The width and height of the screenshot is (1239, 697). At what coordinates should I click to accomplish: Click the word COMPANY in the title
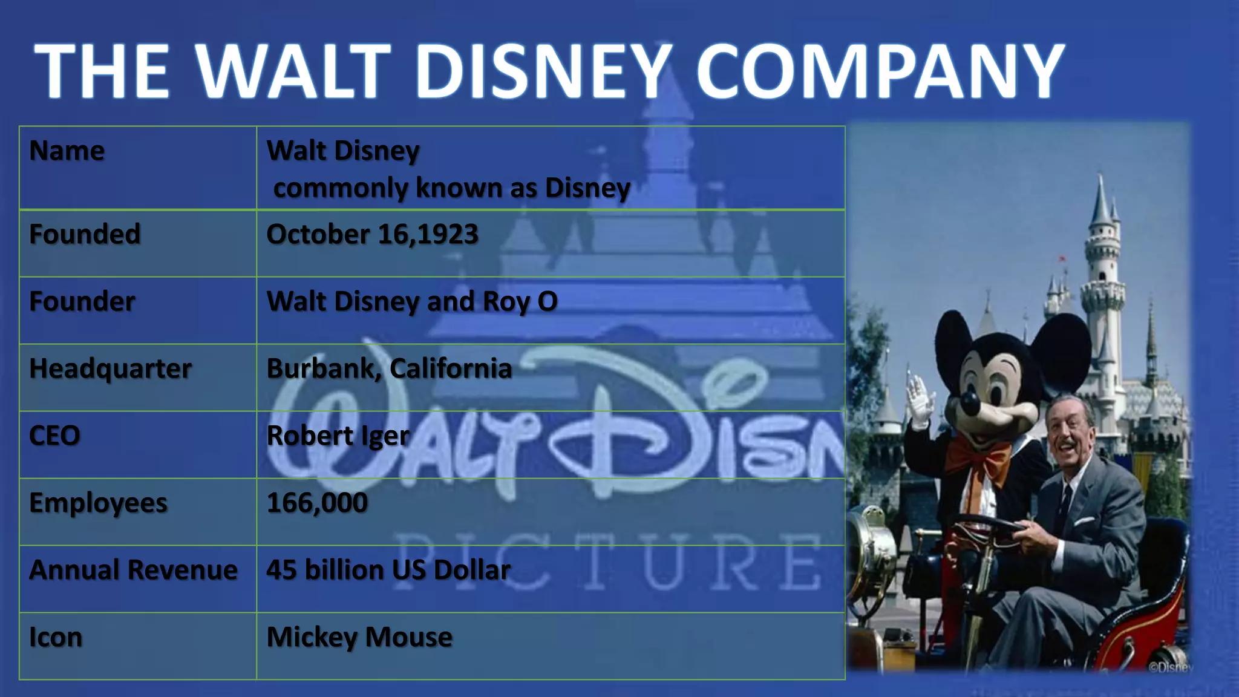(x=880, y=71)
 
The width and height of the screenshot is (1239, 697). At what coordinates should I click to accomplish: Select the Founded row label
(x=85, y=234)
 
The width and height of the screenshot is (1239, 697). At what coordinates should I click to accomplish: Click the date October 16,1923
(x=372, y=234)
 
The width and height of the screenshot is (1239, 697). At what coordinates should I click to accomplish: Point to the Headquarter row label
(x=110, y=368)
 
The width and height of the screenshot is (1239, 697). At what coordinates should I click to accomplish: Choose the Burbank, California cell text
(x=389, y=368)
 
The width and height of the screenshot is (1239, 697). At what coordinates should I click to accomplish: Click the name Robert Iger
(x=338, y=436)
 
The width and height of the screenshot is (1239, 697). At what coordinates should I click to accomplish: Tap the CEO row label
(x=54, y=436)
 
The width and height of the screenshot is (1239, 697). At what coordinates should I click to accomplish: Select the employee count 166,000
(x=317, y=503)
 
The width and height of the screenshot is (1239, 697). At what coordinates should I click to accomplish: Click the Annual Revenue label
(x=133, y=570)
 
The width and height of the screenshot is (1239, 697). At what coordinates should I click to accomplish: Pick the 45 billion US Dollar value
(x=388, y=570)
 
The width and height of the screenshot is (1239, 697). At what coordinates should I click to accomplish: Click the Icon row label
(x=56, y=637)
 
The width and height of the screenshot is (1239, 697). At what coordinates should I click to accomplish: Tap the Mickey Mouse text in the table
(x=359, y=637)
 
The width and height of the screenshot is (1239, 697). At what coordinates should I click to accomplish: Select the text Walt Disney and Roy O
(x=411, y=301)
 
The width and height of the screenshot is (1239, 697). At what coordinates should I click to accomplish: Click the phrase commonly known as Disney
(x=451, y=188)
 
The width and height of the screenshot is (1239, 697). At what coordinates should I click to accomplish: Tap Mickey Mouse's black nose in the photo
(x=970, y=402)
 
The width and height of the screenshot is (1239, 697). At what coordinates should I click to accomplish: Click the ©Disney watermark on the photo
(x=1170, y=667)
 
